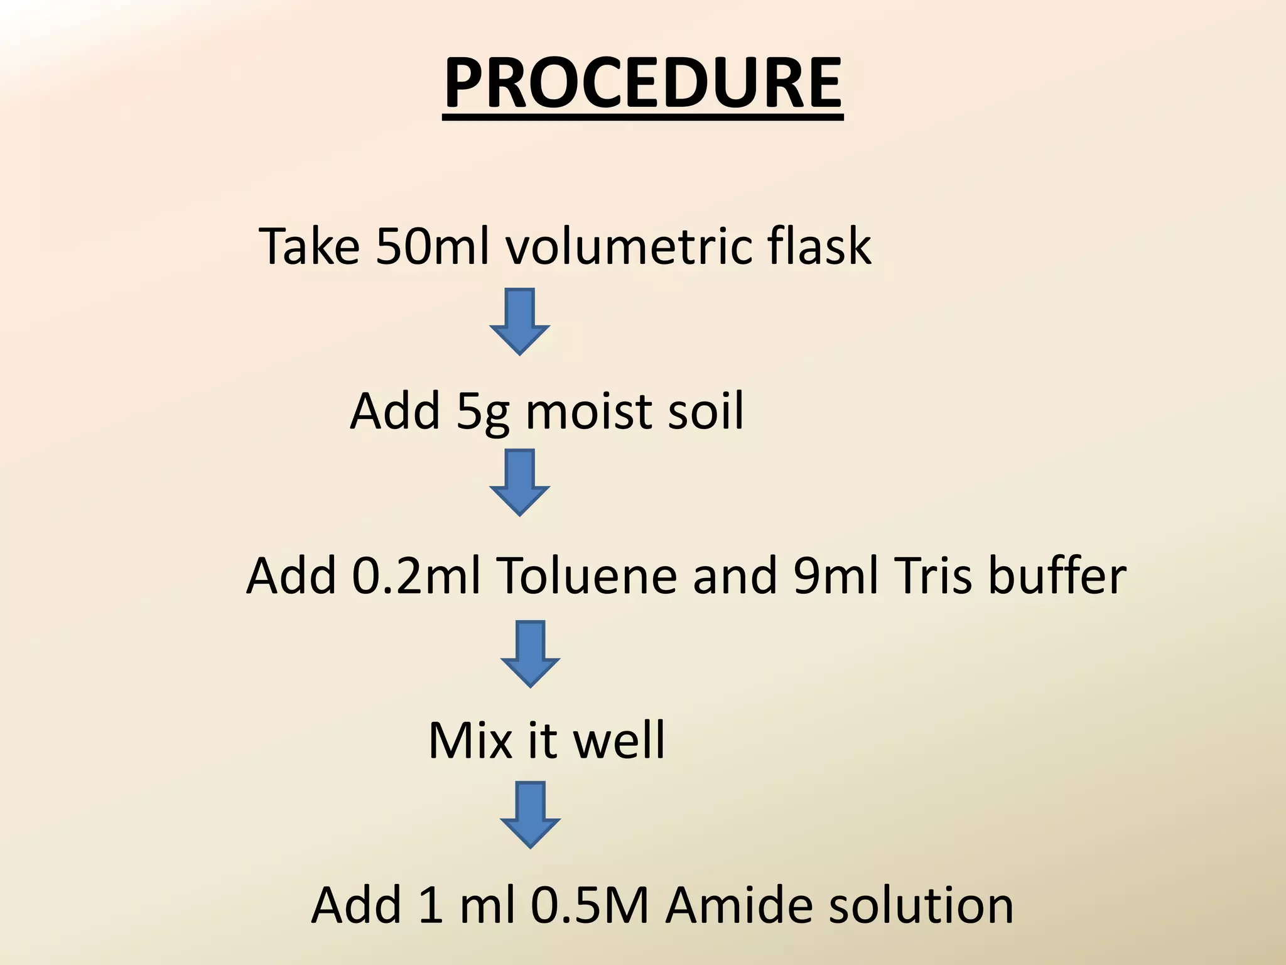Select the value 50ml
433,246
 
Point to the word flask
819,246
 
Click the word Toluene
587,576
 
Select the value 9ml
835,576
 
